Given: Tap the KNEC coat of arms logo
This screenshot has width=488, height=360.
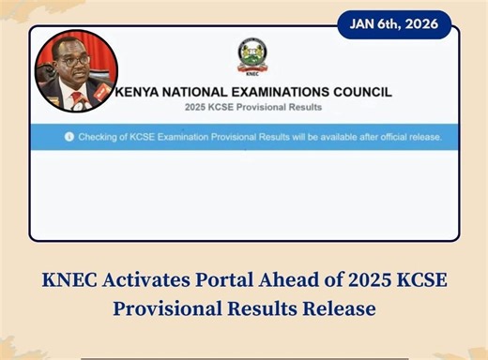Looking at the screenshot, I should coord(251,57).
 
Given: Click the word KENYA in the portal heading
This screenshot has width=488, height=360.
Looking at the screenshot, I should coord(139,92).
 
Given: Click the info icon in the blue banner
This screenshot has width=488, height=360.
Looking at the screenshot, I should coord(69,137).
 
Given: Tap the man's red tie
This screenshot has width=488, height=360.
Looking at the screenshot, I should coord(76,99).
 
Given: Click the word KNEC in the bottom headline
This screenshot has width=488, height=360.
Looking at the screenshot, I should coord(70,279).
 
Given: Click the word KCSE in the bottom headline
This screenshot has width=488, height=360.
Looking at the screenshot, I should coord(419,279).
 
